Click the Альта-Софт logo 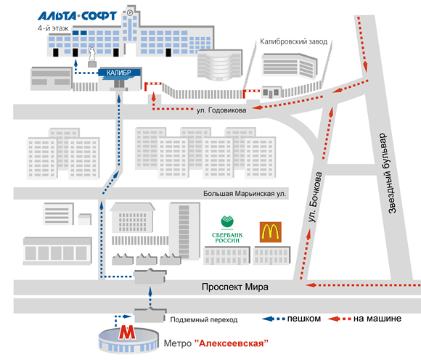click(x=77, y=16)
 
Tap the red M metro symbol click(x=127, y=332)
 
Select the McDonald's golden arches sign click(x=270, y=232)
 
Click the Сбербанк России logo click(x=227, y=229)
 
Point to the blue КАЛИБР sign click(x=119, y=73)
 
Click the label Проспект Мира click(x=235, y=287)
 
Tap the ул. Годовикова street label click(x=221, y=110)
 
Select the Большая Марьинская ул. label click(x=245, y=194)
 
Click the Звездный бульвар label click(x=388, y=173)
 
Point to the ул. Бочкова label click(x=315, y=197)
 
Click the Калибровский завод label click(x=294, y=42)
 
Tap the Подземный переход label click(x=204, y=320)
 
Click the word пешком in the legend click(x=304, y=319)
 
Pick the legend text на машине click(x=377, y=319)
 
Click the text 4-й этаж click(x=53, y=28)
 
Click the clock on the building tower click(x=130, y=12)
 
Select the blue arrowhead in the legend click(x=268, y=319)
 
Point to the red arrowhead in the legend click(x=334, y=319)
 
